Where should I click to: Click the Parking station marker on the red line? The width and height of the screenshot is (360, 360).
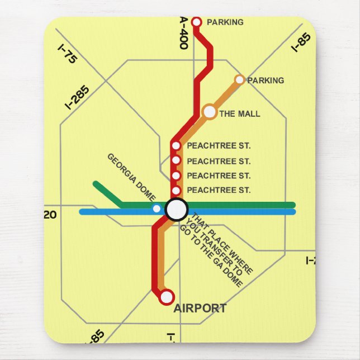click(x=196, y=22)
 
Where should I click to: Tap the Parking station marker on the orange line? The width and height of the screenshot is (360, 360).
click(x=240, y=80)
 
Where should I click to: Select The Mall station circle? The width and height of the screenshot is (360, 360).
click(x=210, y=112)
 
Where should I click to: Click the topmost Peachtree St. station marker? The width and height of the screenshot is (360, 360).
click(x=176, y=146)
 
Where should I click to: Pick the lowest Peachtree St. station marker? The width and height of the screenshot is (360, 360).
click(x=176, y=191)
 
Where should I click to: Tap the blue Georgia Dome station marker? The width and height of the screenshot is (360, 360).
click(x=157, y=209)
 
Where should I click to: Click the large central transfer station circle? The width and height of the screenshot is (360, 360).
click(x=177, y=209)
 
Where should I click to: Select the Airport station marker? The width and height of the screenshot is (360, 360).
click(x=167, y=297)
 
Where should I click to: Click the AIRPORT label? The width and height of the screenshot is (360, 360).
click(x=200, y=309)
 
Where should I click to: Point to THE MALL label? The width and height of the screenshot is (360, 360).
click(x=240, y=114)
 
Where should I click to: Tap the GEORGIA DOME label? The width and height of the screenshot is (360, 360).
click(x=131, y=177)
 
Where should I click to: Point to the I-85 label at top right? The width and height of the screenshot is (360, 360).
click(x=301, y=43)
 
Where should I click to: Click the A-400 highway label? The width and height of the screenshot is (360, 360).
click(x=184, y=32)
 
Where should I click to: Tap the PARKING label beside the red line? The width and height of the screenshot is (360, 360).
click(x=225, y=22)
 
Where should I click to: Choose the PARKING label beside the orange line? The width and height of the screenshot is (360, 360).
click(x=266, y=80)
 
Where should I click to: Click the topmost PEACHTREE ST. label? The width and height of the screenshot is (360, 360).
click(x=219, y=146)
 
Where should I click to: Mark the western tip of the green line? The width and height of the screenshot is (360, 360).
click(x=96, y=183)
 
